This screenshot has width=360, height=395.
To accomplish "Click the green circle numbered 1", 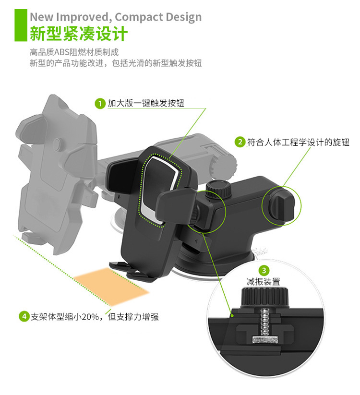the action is (x=100, y=104).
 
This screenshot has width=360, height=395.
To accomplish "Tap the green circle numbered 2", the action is (x=240, y=142).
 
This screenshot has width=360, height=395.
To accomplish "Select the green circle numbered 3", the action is (x=264, y=271).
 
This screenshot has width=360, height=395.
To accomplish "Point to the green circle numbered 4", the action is (x=24, y=316).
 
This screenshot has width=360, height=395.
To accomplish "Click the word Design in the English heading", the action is (x=184, y=17).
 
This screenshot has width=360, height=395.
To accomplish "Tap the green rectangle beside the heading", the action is (x=21, y=25).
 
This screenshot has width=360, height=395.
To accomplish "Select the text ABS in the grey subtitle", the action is (x=62, y=52).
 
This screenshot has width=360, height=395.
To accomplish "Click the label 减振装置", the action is (x=263, y=282).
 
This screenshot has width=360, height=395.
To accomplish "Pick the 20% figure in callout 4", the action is (x=90, y=316).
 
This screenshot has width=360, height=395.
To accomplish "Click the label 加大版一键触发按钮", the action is (x=146, y=103).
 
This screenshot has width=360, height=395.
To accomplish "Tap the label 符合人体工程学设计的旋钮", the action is (x=298, y=143).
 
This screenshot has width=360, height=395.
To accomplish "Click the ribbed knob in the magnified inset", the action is (x=265, y=298).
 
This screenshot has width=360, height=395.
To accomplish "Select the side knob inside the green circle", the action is (x=282, y=206).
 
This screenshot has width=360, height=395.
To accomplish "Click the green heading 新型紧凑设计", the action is (x=79, y=33).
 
